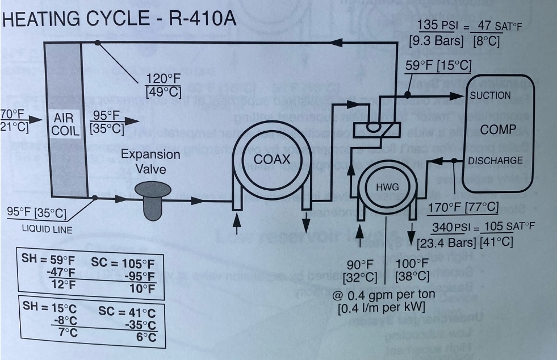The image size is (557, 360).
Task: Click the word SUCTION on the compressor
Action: (x=490, y=95)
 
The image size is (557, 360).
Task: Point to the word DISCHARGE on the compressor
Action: (x=495, y=160)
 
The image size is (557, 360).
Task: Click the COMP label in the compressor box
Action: (x=497, y=129)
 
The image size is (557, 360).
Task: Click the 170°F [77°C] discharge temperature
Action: (x=463, y=208)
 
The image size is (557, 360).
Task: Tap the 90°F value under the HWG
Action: (x=361, y=264)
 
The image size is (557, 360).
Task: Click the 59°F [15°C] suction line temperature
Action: (x=438, y=66)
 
